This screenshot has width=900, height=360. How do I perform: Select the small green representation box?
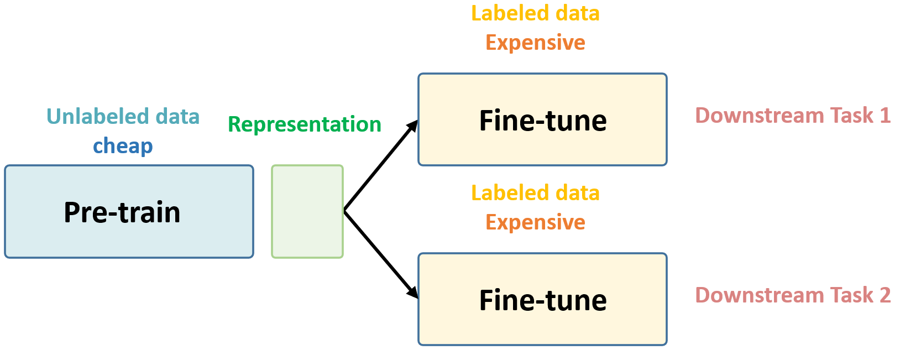[307, 211]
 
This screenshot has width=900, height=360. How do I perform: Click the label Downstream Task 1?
[792, 116]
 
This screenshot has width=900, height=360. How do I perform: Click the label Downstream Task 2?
[792, 295]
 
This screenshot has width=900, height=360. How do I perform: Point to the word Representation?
[305, 124]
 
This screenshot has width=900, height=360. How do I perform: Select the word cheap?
[123, 146]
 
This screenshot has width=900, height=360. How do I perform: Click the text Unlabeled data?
[123, 117]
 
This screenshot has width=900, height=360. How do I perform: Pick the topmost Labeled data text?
[535, 13]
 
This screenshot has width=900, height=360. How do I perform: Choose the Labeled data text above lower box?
[535, 193]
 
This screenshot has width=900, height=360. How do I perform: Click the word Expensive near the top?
[535, 43]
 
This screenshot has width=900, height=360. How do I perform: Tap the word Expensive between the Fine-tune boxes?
[535, 222]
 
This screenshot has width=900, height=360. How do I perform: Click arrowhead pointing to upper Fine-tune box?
[413, 126]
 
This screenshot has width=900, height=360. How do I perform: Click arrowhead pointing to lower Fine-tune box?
[413, 294]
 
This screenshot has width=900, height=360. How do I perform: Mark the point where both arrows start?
[344, 211]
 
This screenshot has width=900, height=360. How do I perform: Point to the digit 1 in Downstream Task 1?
[885, 116]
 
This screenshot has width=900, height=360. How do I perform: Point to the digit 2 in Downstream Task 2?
[885, 295]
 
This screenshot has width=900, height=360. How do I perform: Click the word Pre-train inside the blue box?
[122, 212]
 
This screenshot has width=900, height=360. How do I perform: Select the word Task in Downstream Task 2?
[847, 295]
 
